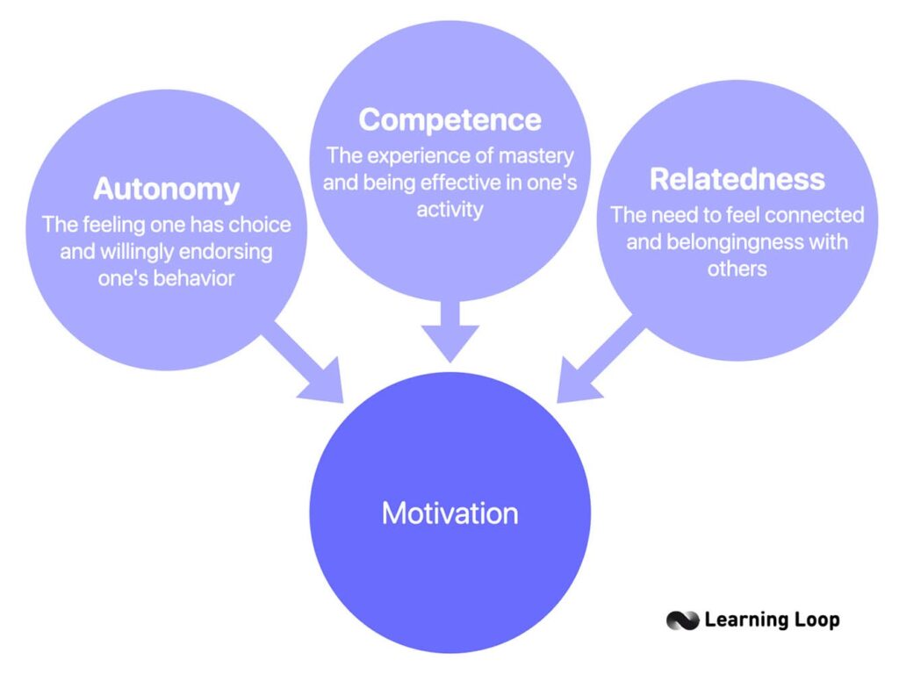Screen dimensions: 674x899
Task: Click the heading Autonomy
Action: pyautogui.click(x=166, y=189)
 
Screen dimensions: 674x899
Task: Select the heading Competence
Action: pyautogui.click(x=449, y=119)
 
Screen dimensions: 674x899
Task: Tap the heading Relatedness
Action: pyautogui.click(x=737, y=179)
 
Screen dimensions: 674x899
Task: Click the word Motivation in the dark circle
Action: pyautogui.click(x=449, y=513)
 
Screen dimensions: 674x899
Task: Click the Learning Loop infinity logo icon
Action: pyautogui.click(x=682, y=620)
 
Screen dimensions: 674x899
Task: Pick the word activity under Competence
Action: pyautogui.click(x=449, y=209)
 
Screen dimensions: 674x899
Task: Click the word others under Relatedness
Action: pyautogui.click(x=737, y=268)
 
